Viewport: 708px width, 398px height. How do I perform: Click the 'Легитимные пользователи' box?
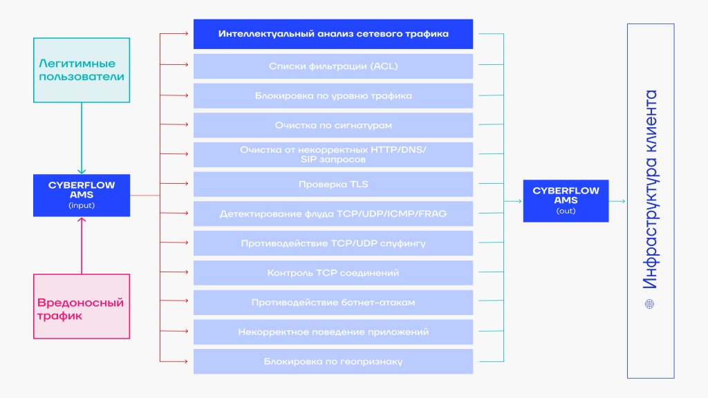[82, 70]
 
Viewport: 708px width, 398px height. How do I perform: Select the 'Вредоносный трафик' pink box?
[82, 306]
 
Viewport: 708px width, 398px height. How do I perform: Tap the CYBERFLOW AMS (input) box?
[82, 196]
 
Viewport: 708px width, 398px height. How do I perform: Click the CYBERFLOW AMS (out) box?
[566, 201]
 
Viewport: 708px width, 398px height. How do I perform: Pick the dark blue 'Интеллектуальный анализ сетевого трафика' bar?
[333, 34]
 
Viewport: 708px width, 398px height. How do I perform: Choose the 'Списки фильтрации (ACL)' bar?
[333, 66]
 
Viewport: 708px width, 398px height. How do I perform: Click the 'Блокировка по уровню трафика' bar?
[333, 95]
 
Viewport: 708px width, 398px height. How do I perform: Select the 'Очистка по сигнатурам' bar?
[333, 125]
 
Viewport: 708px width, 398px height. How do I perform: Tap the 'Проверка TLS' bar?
[333, 184]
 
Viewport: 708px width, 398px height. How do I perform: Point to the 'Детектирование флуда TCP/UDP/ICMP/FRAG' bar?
[333, 214]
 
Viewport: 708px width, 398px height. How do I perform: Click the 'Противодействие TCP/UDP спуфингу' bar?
[333, 243]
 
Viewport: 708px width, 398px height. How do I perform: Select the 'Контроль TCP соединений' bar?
[333, 273]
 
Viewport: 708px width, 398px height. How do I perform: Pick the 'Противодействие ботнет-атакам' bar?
[333, 303]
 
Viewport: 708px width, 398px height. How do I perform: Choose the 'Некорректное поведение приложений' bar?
[333, 332]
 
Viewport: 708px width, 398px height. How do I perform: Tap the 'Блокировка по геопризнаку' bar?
[333, 361]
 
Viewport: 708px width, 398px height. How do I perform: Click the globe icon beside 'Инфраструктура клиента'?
[649, 304]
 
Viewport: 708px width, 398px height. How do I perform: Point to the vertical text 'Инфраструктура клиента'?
[650, 189]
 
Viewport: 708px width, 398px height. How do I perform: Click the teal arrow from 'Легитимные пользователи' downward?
[82, 138]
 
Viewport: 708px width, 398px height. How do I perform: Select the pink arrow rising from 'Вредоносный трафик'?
[82, 245]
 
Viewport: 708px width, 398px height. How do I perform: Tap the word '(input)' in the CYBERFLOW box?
[82, 205]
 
